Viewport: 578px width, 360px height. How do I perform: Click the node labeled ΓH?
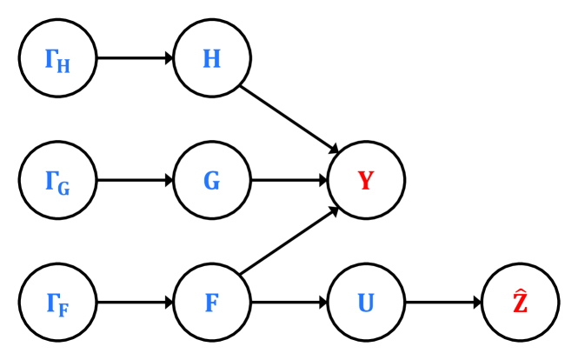pos(57,58)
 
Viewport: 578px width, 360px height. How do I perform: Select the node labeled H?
pos(212,58)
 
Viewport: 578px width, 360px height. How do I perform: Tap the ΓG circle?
pos(57,181)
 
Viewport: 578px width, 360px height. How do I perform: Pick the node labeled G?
pos(212,181)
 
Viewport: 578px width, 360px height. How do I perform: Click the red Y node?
pos(366,181)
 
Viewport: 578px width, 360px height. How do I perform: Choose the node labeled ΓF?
pos(57,303)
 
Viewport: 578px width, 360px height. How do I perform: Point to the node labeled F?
pos(212,303)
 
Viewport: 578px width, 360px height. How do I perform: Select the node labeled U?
pos(366,303)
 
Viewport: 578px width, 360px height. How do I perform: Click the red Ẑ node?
pos(521,303)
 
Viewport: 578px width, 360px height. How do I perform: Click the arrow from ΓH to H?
pos(135,58)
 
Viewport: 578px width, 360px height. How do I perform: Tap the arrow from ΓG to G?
pos(135,181)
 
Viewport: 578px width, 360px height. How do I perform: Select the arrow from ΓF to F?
pos(135,303)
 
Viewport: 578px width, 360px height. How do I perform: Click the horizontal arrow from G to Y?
pos(289,181)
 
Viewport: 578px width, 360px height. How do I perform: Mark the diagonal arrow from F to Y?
pos(289,243)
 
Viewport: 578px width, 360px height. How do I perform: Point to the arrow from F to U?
pos(289,303)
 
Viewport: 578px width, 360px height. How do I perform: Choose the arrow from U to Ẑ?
pos(443,303)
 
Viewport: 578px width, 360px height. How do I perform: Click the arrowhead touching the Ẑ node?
pos(477,303)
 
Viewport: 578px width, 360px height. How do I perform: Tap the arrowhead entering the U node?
pos(322,303)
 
